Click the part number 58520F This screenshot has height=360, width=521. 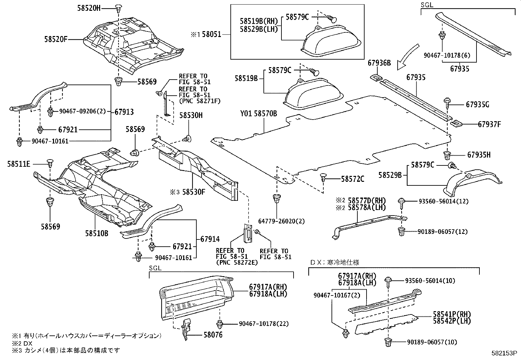click(x=56, y=39)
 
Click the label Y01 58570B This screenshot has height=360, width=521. click(x=259, y=114)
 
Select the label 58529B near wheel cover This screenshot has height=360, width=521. click(x=390, y=175)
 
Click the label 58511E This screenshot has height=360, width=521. click(x=19, y=163)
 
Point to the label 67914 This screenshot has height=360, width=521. click(x=210, y=239)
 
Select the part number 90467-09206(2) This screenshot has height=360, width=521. click(x=83, y=111)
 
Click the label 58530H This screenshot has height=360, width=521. click(x=191, y=115)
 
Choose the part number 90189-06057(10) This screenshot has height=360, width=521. click(x=432, y=342)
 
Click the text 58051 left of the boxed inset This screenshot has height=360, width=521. click(x=211, y=34)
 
